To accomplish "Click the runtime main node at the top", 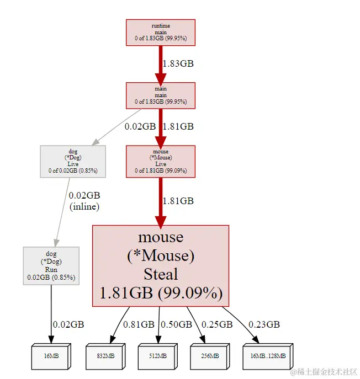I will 160,33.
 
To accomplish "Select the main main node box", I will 160,95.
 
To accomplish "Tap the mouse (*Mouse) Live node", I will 160,161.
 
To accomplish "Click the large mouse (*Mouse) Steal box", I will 160,265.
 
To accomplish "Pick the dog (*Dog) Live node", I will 73,161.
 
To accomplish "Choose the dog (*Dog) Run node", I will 51,266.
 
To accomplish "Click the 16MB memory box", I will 51,356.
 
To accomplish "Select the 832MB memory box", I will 105,356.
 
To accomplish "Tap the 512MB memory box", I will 157,356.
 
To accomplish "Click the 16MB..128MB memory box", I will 267,356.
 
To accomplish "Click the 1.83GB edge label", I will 178,63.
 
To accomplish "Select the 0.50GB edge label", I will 177,324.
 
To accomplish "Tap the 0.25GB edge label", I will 216,324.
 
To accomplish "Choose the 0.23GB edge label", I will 264,324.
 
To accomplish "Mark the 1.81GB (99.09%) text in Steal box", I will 160,293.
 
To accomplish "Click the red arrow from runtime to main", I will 160,63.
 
